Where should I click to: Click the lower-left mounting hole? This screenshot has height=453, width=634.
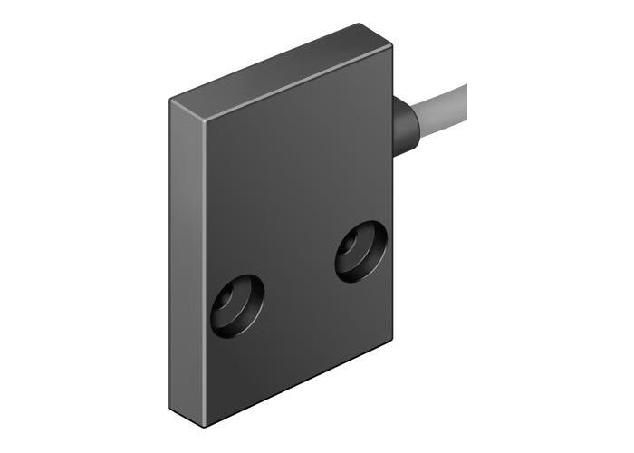(x=237, y=302)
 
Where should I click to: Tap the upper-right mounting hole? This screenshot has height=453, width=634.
(x=361, y=250)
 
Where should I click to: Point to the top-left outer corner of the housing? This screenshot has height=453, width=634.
(x=169, y=101)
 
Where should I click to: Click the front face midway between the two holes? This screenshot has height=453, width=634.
(x=299, y=276)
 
